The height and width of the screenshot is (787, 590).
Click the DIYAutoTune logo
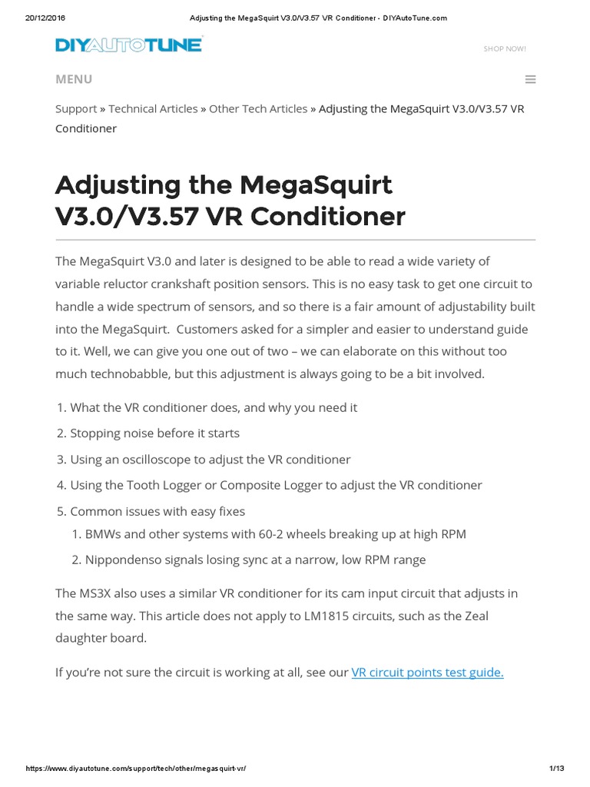(x=128, y=45)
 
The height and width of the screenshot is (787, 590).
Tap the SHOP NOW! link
(x=505, y=49)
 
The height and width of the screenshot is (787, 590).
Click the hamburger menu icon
(x=530, y=79)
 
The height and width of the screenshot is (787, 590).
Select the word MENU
(x=74, y=79)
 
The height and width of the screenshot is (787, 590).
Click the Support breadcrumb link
(x=76, y=109)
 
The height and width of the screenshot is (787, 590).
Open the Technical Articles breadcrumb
(x=153, y=109)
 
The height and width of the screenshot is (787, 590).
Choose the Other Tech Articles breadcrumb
(x=258, y=109)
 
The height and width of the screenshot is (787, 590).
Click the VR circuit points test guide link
(x=427, y=672)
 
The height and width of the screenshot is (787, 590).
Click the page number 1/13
(x=557, y=769)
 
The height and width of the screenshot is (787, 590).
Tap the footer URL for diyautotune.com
(x=136, y=769)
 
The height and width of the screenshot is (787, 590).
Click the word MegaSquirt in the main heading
(x=316, y=185)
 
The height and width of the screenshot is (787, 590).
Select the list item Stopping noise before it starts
(x=154, y=433)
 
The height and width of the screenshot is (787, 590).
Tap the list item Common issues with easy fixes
(x=157, y=512)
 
